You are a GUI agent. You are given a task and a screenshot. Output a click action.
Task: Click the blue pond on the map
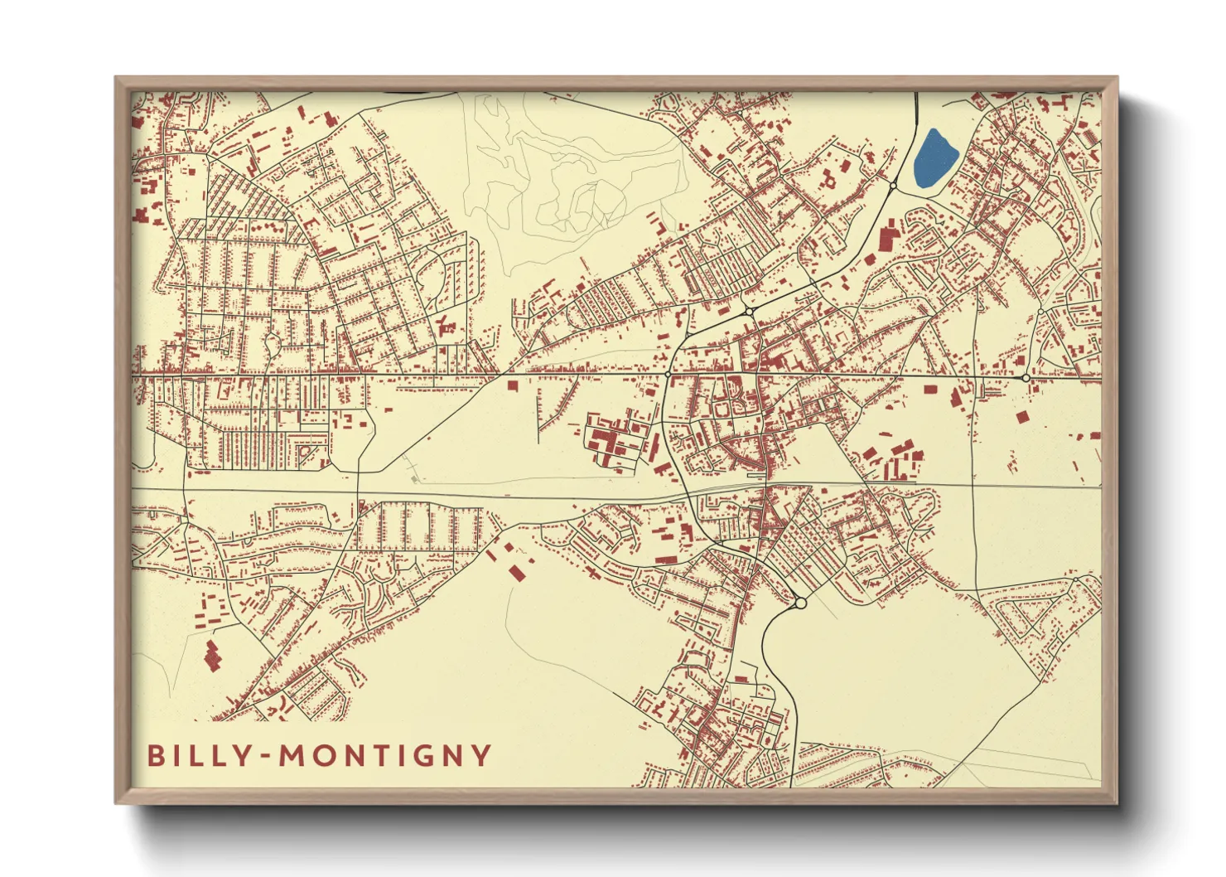[935, 160]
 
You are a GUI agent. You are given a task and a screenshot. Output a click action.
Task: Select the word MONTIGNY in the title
[385, 756]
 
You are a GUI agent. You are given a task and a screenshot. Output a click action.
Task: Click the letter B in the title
[155, 756]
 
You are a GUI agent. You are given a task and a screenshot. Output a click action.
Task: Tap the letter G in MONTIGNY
[418, 756]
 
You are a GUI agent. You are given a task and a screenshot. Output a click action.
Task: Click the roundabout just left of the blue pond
[893, 187]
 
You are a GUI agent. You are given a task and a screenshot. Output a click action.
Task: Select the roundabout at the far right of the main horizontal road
[1026, 378]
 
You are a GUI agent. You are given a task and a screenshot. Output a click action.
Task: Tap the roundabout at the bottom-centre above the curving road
[800, 603]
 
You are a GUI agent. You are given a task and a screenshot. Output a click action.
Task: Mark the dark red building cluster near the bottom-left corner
[212, 656]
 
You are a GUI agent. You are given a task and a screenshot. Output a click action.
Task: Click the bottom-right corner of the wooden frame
[1116, 802]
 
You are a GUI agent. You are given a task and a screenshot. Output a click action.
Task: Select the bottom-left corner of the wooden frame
[117, 802]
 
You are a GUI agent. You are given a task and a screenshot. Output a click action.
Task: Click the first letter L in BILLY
[191, 756]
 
